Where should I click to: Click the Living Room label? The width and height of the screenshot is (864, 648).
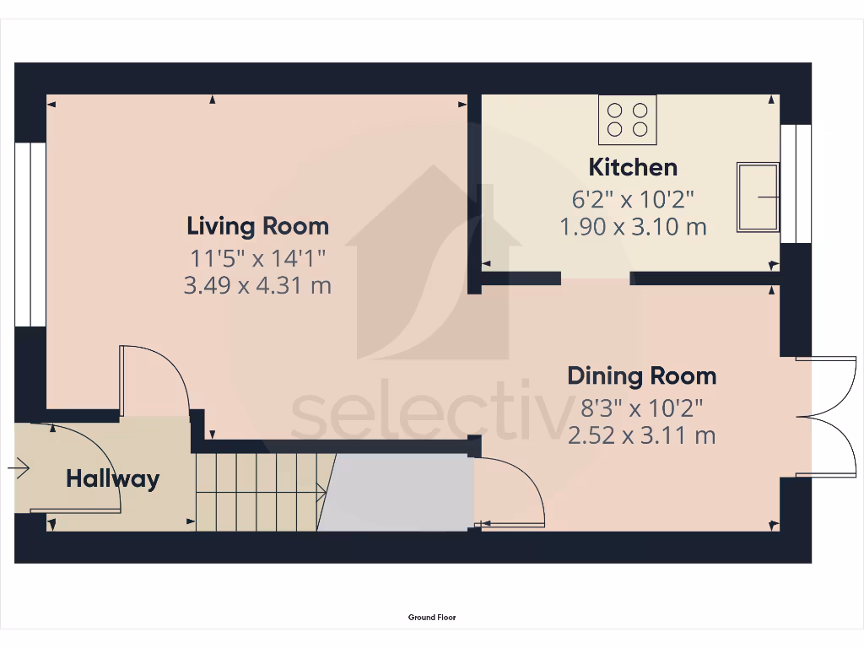coord(257,226)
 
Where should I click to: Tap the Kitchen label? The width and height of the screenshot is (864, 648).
coord(633,167)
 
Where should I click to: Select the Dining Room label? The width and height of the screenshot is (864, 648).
coord(641,375)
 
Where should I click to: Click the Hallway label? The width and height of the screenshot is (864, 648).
coord(112,479)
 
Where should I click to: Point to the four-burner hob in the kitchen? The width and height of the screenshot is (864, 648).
coord(627,119)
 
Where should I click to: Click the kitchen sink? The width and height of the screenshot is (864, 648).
coord(758,197)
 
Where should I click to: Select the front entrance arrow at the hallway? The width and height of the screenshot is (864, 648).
coord(19,467)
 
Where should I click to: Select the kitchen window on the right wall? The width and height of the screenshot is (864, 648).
coord(795,184)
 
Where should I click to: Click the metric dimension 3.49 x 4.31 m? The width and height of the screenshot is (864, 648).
coord(257,286)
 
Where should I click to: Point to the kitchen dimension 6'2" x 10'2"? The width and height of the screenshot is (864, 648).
coord(633,200)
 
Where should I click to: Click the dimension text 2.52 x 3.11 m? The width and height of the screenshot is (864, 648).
coord(641,435)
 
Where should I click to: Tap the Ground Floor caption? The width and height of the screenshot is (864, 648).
coord(432,618)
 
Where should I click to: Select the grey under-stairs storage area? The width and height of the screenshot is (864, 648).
coord(397,494)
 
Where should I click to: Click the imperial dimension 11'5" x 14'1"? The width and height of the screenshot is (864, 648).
coord(257,256)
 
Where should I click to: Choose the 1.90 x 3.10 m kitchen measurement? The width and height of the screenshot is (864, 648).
coord(633,227)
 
